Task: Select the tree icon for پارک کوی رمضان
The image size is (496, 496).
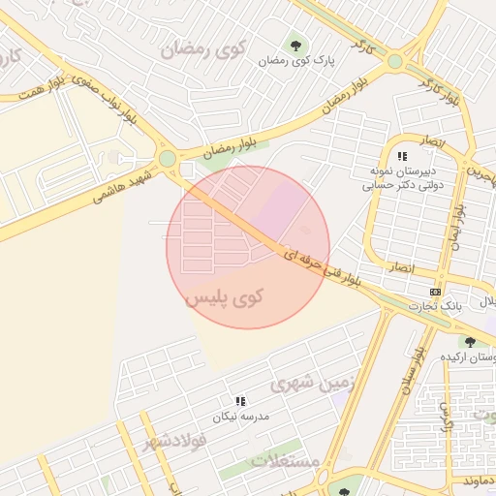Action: [294, 44]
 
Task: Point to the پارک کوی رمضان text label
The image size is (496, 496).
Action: [296, 60]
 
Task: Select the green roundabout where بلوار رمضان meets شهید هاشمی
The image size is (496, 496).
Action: [168, 158]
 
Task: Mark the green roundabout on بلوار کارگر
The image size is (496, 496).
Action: [394, 61]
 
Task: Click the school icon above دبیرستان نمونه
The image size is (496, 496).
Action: [402, 155]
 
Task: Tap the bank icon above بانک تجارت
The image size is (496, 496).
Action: [435, 291]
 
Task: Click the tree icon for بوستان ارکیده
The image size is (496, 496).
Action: [469, 342]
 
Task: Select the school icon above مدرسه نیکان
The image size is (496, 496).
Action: [239, 401]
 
